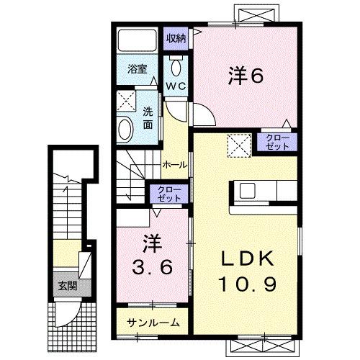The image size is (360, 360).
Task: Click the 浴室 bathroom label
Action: click(138, 70)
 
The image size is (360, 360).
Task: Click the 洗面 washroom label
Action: click(148, 118)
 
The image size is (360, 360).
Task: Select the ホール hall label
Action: click(175, 164)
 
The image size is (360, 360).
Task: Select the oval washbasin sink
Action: click(126, 130)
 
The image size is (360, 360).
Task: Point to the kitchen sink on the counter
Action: click(247, 191)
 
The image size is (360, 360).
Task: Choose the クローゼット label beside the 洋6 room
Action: click(277, 141)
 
